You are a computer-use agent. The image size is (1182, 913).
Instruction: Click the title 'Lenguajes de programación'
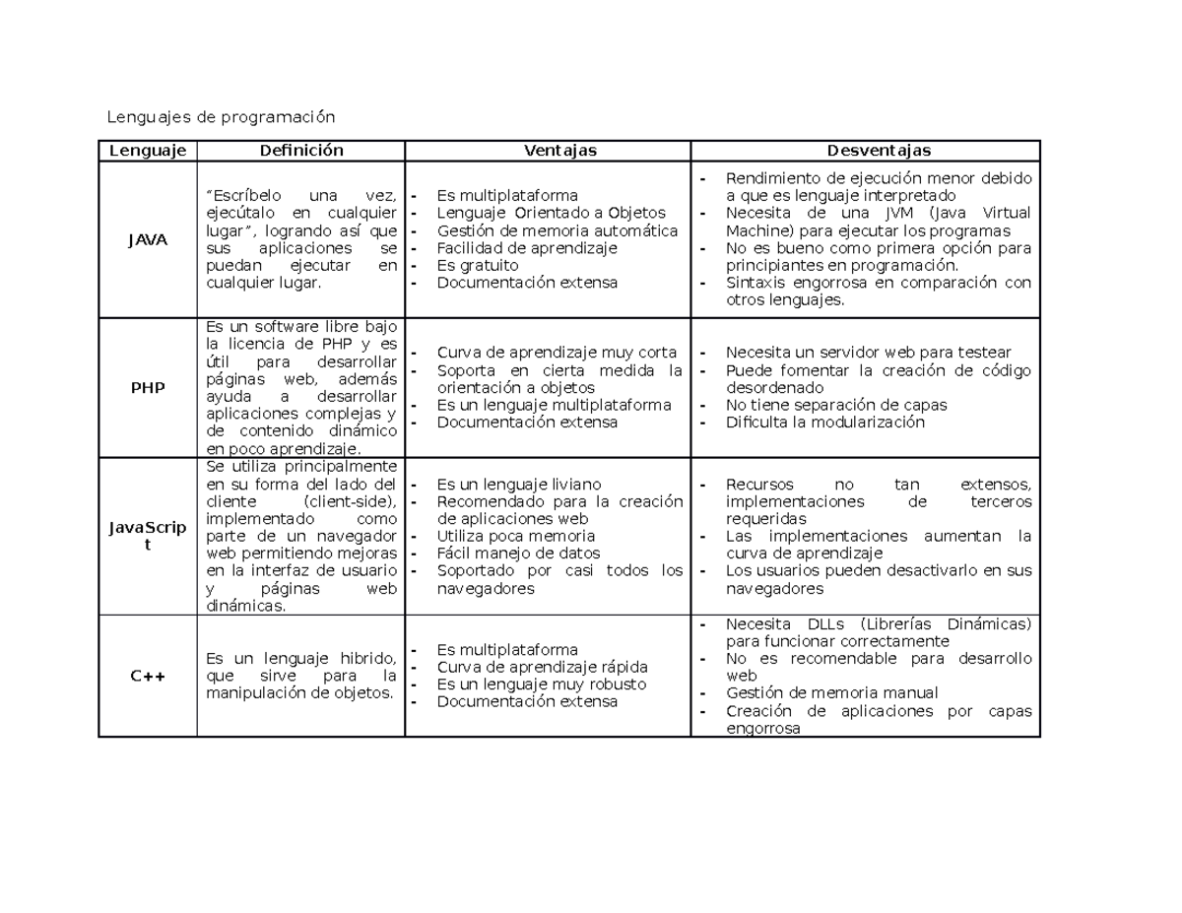[221, 118]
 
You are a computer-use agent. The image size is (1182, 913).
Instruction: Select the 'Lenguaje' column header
[148, 151]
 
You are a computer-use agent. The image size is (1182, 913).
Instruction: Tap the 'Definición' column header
[300, 151]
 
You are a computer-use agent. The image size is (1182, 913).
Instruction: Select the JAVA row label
[148, 239]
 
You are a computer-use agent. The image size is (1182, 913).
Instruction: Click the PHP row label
[148, 388]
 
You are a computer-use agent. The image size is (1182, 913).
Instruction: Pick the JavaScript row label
[148, 536]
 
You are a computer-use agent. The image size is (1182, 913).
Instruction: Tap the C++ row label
[148, 677]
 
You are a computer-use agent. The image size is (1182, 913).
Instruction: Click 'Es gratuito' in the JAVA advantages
[478, 266]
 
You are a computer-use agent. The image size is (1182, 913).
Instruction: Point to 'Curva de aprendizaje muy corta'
[557, 353]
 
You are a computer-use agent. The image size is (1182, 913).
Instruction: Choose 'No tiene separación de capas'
[836, 405]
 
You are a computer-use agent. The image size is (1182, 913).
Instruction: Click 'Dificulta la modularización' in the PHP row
[825, 423]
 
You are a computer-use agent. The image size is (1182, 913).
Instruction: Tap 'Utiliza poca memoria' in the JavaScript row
[516, 537]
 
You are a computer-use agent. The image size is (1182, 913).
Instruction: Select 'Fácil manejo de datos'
[518, 554]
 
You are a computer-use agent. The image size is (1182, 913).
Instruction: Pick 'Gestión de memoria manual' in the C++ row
[831, 693]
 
